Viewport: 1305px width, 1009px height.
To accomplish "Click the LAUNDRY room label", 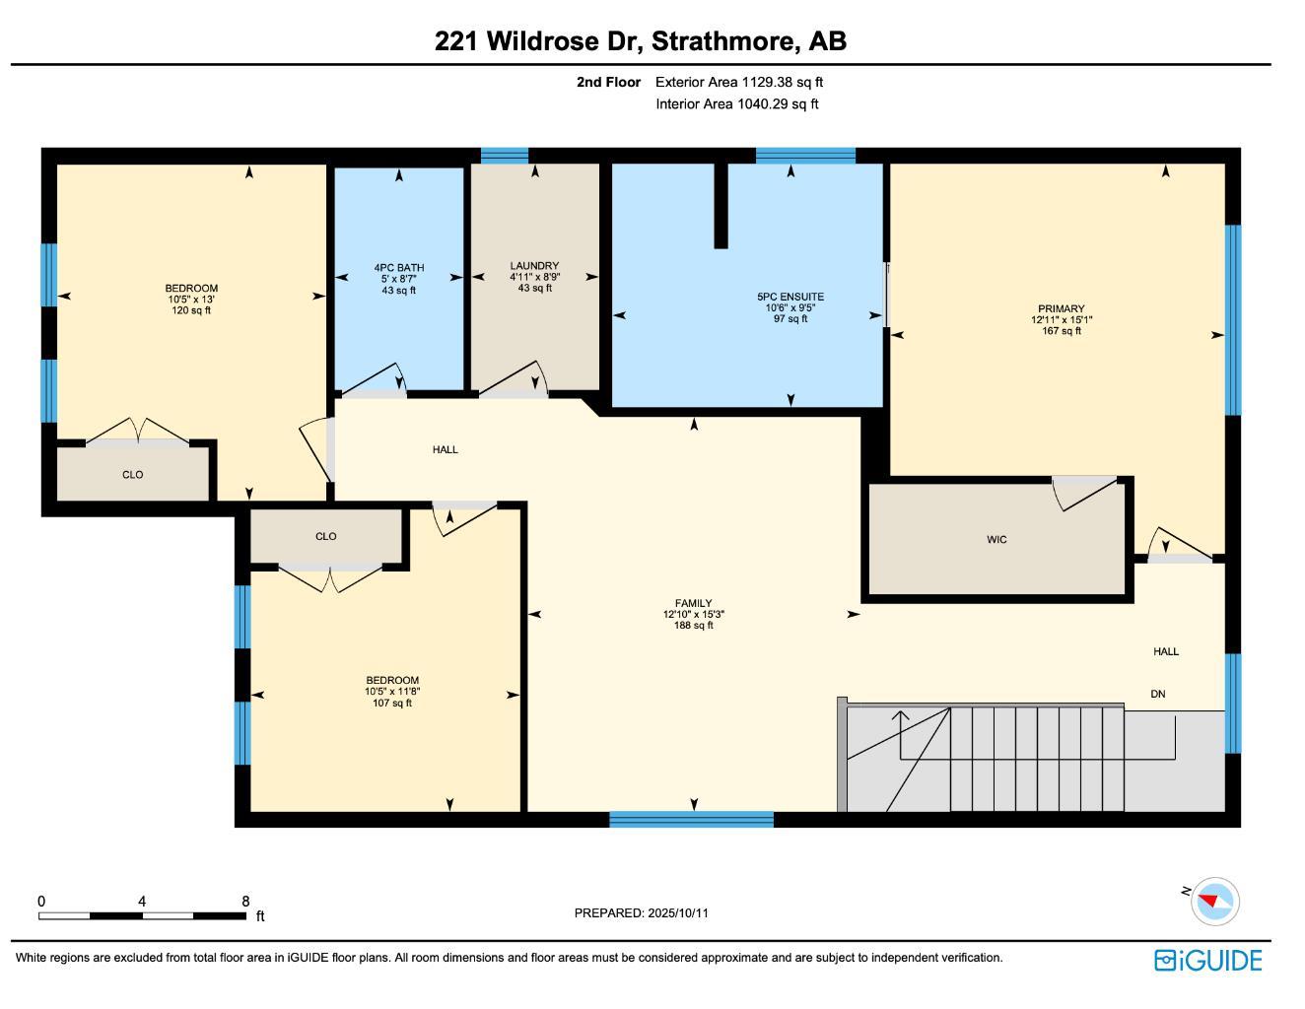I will [x=534, y=266].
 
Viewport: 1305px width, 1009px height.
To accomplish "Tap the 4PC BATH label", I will [x=399, y=268].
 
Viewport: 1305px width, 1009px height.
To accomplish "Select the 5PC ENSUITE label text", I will [x=790, y=297].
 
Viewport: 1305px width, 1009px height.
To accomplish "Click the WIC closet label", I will [x=996, y=540].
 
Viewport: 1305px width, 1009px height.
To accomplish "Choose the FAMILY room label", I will [x=693, y=604].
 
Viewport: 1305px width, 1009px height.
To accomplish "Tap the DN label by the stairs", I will [x=1158, y=694].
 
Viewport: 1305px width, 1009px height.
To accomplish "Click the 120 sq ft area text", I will [x=191, y=310].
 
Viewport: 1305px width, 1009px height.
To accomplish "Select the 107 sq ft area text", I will [x=392, y=703].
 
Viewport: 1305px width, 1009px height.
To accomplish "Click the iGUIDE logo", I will [x=1208, y=961].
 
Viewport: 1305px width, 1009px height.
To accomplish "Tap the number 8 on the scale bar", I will [x=245, y=902].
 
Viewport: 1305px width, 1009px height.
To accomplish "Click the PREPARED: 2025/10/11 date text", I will [x=641, y=913].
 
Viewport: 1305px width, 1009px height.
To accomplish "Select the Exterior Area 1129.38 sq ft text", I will [x=738, y=83].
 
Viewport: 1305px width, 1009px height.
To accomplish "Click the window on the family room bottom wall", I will [x=691, y=819].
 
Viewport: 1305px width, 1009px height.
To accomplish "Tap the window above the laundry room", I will [x=505, y=156].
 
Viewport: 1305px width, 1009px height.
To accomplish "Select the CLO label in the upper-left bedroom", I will [x=132, y=475].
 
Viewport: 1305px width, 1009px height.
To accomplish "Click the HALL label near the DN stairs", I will [x=1166, y=651].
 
